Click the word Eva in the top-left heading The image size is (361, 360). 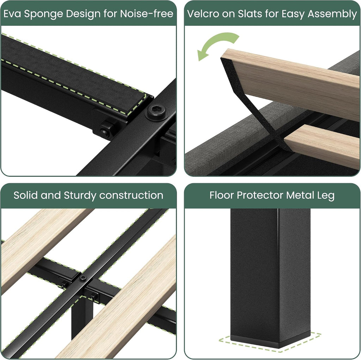click(12, 14)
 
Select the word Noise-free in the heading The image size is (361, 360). click(147, 14)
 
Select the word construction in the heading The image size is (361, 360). click(131, 195)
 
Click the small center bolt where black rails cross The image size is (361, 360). click(82, 278)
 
